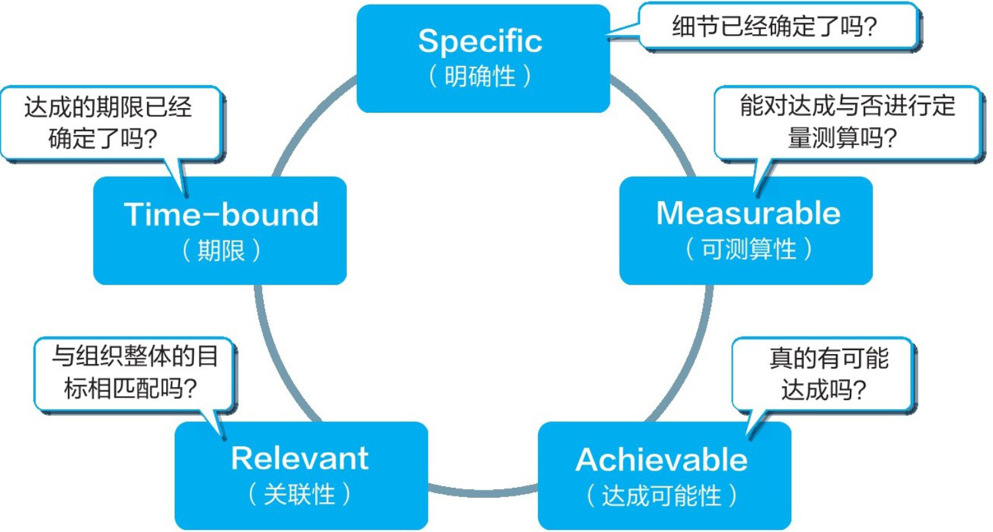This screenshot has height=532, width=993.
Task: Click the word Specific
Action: click(x=480, y=42)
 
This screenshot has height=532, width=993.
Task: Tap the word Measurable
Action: click(x=748, y=214)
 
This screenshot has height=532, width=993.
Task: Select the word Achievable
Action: click(x=661, y=459)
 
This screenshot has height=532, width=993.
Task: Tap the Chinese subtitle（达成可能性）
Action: click(x=661, y=496)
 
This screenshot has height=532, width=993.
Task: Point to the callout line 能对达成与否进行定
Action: click(x=847, y=105)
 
